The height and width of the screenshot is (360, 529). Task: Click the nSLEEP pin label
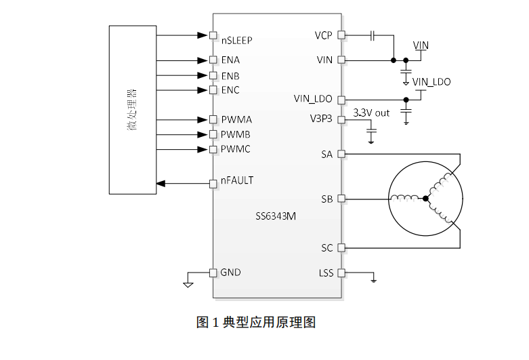[236, 40]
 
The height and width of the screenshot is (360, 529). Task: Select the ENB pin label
[230, 75]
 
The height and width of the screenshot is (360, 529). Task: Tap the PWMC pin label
[236, 149]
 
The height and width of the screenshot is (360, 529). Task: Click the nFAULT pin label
[237, 181]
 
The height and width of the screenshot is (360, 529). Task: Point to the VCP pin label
[324, 35]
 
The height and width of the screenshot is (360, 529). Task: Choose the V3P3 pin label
[321, 119]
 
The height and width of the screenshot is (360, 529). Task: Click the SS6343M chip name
[276, 217]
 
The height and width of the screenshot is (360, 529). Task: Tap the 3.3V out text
[372, 113]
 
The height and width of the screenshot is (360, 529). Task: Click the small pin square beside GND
[213, 273]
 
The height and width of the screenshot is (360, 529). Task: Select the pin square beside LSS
[341, 273]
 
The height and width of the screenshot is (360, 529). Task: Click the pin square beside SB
[341, 199]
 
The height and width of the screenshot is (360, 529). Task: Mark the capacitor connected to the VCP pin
[373, 35]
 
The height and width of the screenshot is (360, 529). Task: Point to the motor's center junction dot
[425, 199]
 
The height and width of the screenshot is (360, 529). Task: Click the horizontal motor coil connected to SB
[405, 199]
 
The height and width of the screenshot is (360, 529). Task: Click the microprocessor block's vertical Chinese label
[132, 109]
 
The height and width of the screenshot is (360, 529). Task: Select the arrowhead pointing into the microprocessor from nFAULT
[161, 183]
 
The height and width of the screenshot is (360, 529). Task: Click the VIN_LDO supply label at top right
[431, 82]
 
